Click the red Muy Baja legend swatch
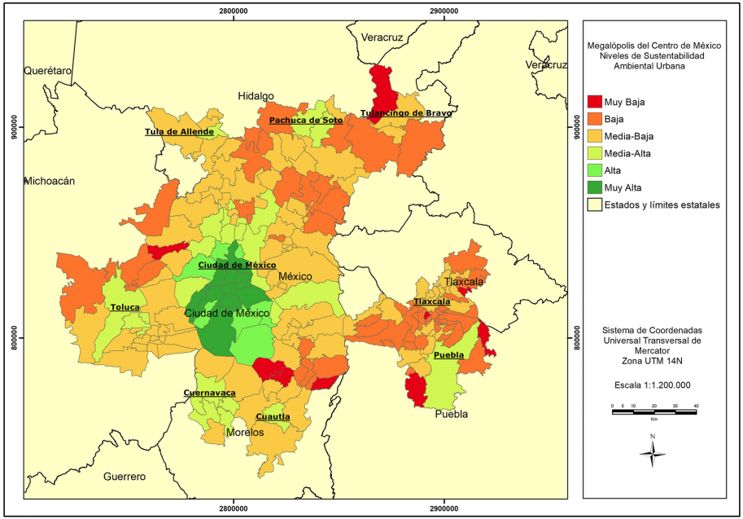click(x=593, y=102)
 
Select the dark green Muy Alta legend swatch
click(x=593, y=187)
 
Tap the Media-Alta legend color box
click(x=593, y=153)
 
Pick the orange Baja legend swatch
click(x=593, y=119)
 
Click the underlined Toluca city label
click(x=125, y=307)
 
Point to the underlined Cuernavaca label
click(x=209, y=393)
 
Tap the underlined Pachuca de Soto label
click(x=306, y=120)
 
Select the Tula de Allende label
click(x=179, y=131)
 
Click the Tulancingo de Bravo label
click(x=405, y=113)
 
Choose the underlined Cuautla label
click(x=273, y=416)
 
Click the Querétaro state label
click(x=48, y=71)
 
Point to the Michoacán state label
click(x=50, y=181)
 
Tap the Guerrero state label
click(x=124, y=477)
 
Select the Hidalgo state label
click(x=256, y=96)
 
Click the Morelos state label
click(x=245, y=433)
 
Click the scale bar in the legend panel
click(x=653, y=412)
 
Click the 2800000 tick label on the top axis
click(x=234, y=11)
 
